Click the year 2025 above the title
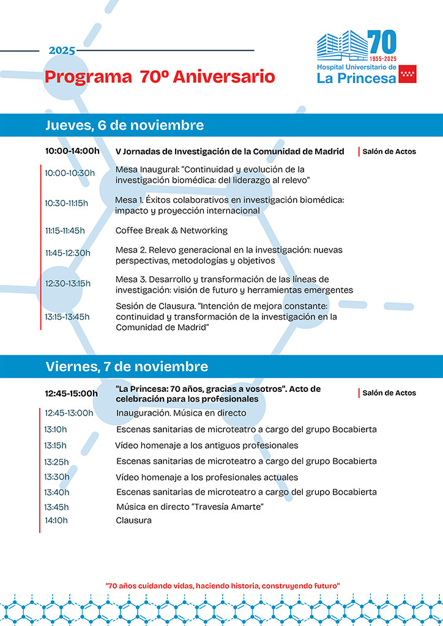pyautogui.click(x=62, y=51)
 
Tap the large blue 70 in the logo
pyautogui.click(x=382, y=42)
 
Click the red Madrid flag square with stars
pyautogui.click(x=408, y=73)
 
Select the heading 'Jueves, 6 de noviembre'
pyautogui.click(x=124, y=125)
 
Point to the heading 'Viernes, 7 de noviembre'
pyautogui.click(x=127, y=367)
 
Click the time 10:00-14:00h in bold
pyautogui.click(x=72, y=151)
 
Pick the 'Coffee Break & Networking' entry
pyautogui.click(x=171, y=230)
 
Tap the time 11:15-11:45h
pyautogui.click(x=65, y=230)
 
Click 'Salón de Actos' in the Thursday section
pyautogui.click(x=389, y=152)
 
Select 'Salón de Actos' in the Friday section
pyautogui.click(x=389, y=393)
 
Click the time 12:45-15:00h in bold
pyautogui.click(x=71, y=394)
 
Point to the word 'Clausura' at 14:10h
pyautogui.click(x=133, y=521)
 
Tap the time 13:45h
pyautogui.click(x=56, y=507)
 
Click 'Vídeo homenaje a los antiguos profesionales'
pyautogui.click(x=207, y=445)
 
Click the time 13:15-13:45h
pyautogui.click(x=67, y=317)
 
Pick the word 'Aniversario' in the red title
pyautogui.click(x=224, y=77)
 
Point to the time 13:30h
pyautogui.click(x=56, y=477)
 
